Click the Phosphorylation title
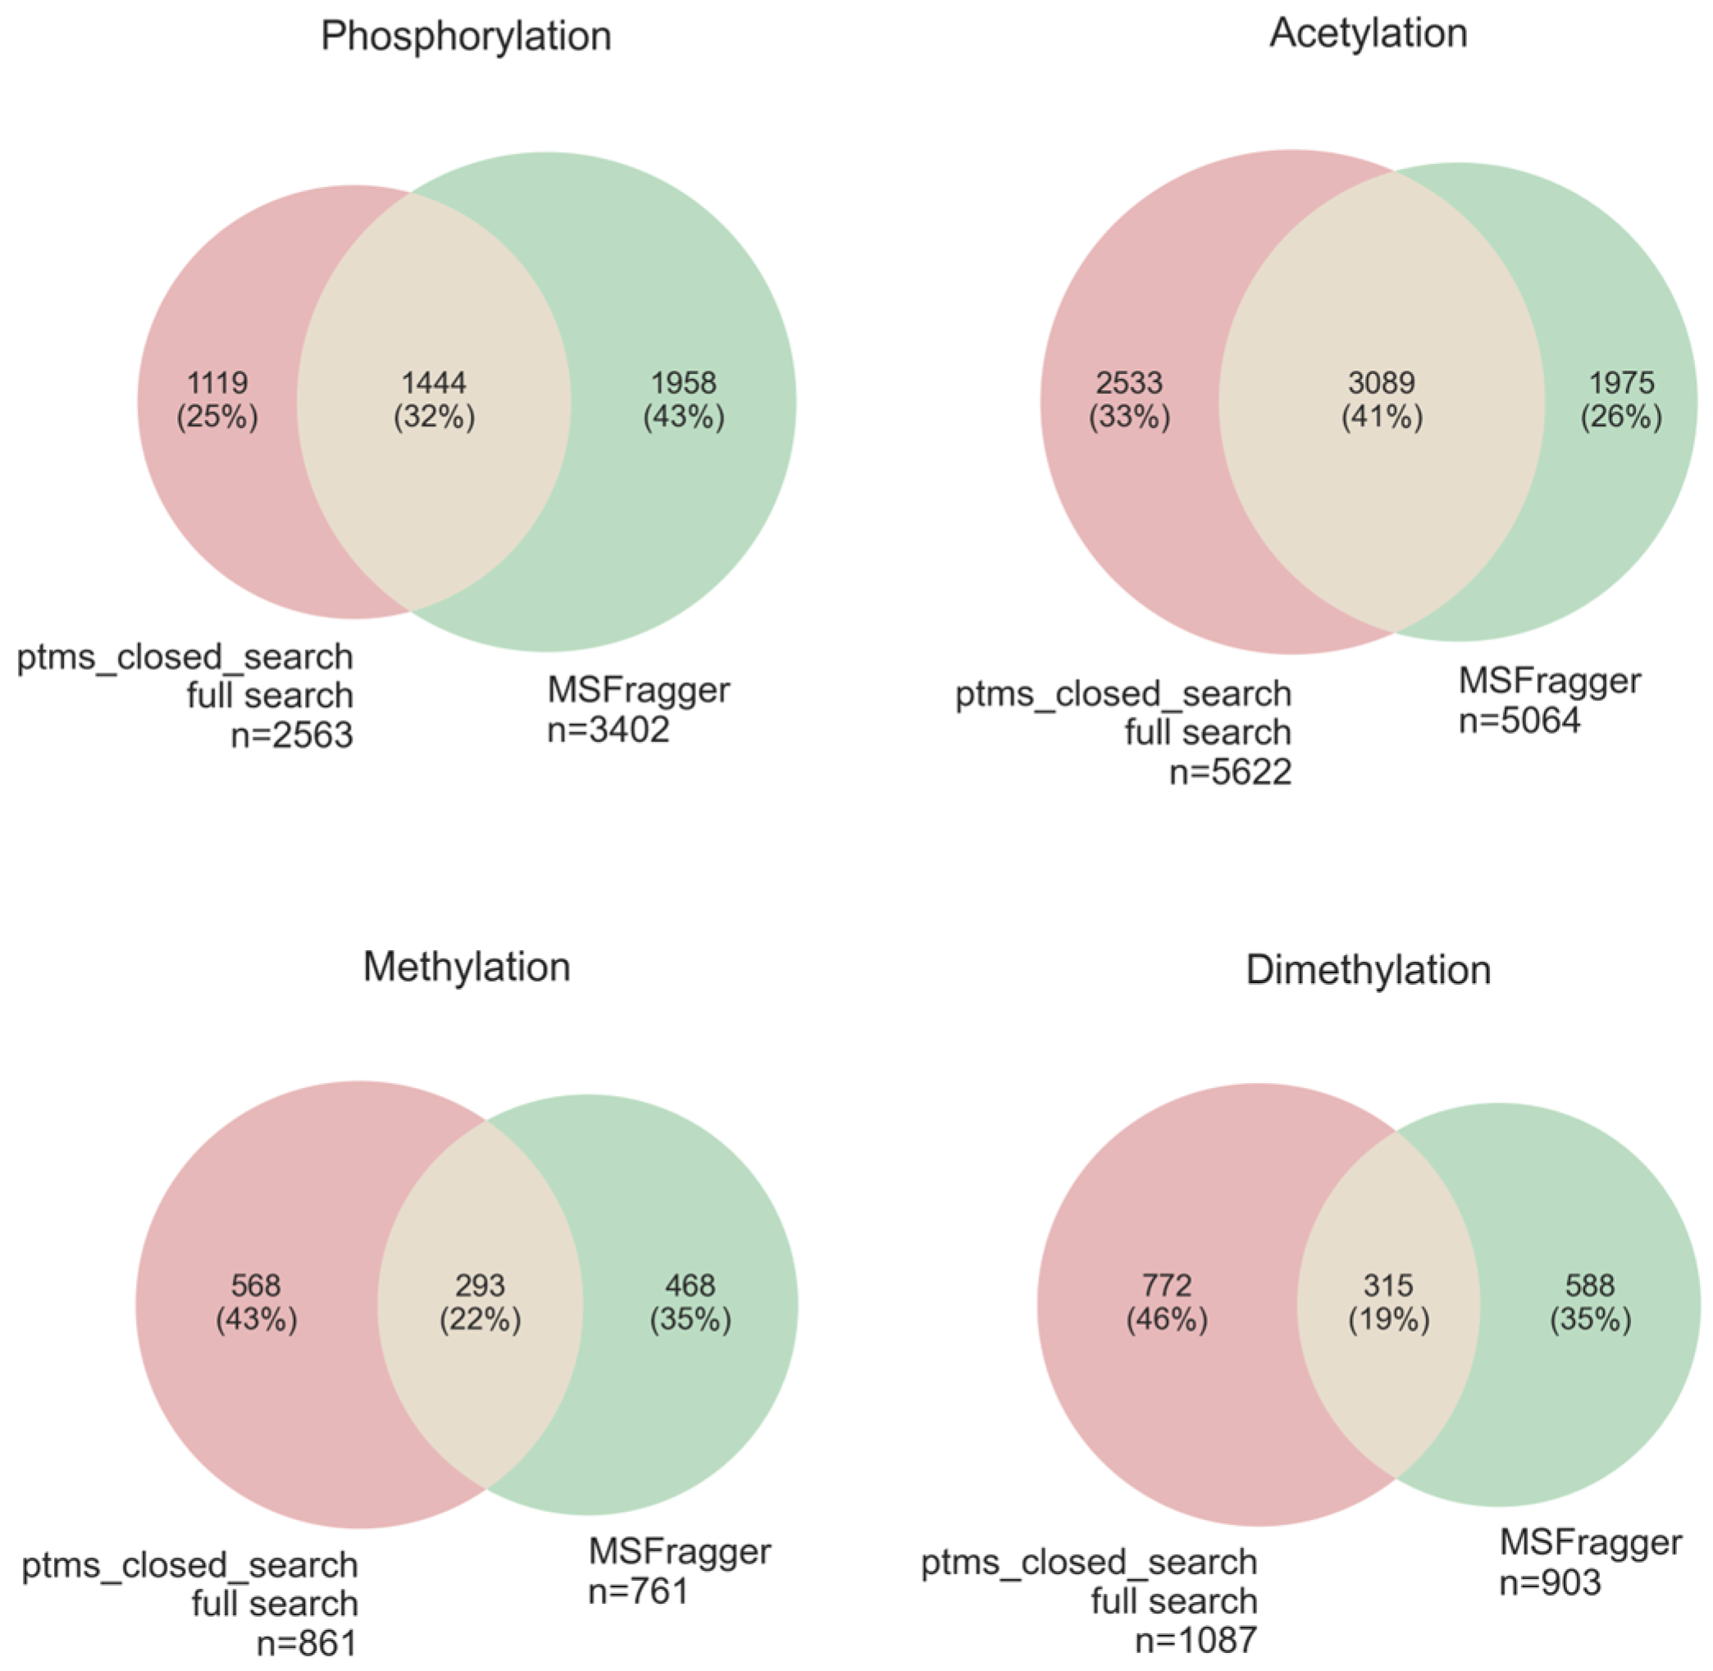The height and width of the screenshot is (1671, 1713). coord(466,37)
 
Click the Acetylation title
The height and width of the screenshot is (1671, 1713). coord(1368,34)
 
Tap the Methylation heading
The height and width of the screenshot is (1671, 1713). coord(466,968)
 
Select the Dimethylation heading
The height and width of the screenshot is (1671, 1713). coord(1368,971)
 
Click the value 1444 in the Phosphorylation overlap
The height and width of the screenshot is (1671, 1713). coord(434,383)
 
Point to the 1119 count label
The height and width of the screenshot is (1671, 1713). coord(217,383)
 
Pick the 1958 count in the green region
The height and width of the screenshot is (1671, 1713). coord(684,383)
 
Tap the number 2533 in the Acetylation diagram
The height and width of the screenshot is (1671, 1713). coord(1129,383)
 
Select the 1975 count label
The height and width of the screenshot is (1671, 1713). coord(1621,383)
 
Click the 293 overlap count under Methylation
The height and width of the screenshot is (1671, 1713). coord(480,1286)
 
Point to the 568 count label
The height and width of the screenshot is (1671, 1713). coord(255,1286)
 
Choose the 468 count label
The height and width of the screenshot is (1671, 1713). coord(690,1286)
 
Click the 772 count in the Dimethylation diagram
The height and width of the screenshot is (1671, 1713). coord(1166,1286)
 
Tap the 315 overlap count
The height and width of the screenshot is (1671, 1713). coord(1388,1286)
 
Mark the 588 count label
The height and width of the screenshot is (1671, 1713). coord(1589,1286)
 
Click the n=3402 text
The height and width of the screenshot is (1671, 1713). coord(608,729)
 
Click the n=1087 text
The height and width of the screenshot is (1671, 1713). coord(1196,1638)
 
